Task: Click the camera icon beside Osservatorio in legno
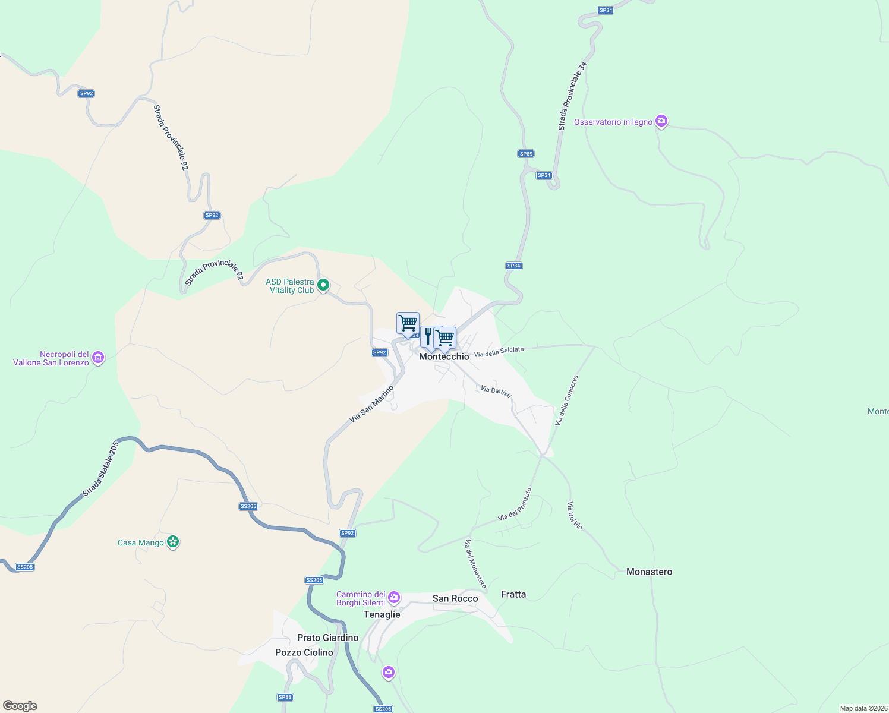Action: [661, 121]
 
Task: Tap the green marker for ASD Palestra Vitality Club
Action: [323, 286]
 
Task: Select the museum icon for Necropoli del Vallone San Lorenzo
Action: [99, 358]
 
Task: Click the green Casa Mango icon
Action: [173, 542]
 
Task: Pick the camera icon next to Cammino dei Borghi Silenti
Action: [393, 597]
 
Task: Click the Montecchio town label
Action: [444, 356]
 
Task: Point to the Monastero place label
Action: [649, 572]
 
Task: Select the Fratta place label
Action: [513, 594]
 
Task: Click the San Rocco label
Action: [455, 598]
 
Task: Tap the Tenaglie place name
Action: [382, 614]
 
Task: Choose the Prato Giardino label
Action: [327, 638]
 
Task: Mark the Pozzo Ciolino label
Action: [304, 652]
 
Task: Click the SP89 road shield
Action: [526, 154]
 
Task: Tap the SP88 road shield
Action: [285, 697]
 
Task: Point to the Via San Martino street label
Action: [371, 404]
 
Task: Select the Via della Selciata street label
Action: [499, 352]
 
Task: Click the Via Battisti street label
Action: [496, 392]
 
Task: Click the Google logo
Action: [20, 706]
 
